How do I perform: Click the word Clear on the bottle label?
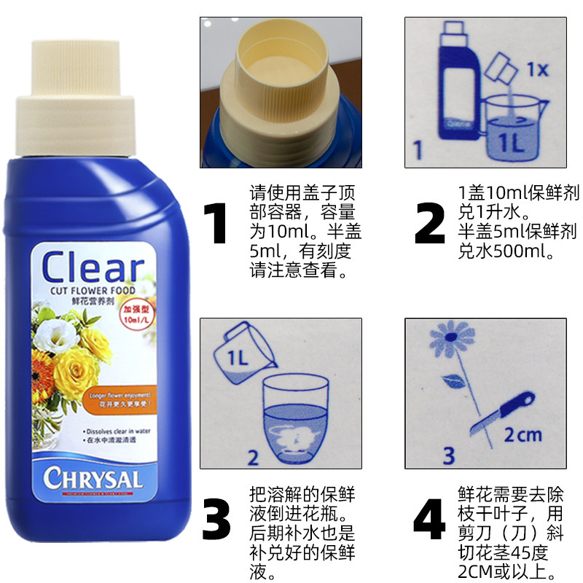pos(93,267)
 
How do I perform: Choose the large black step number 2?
pos(429,224)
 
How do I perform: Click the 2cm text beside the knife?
pos(523,435)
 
